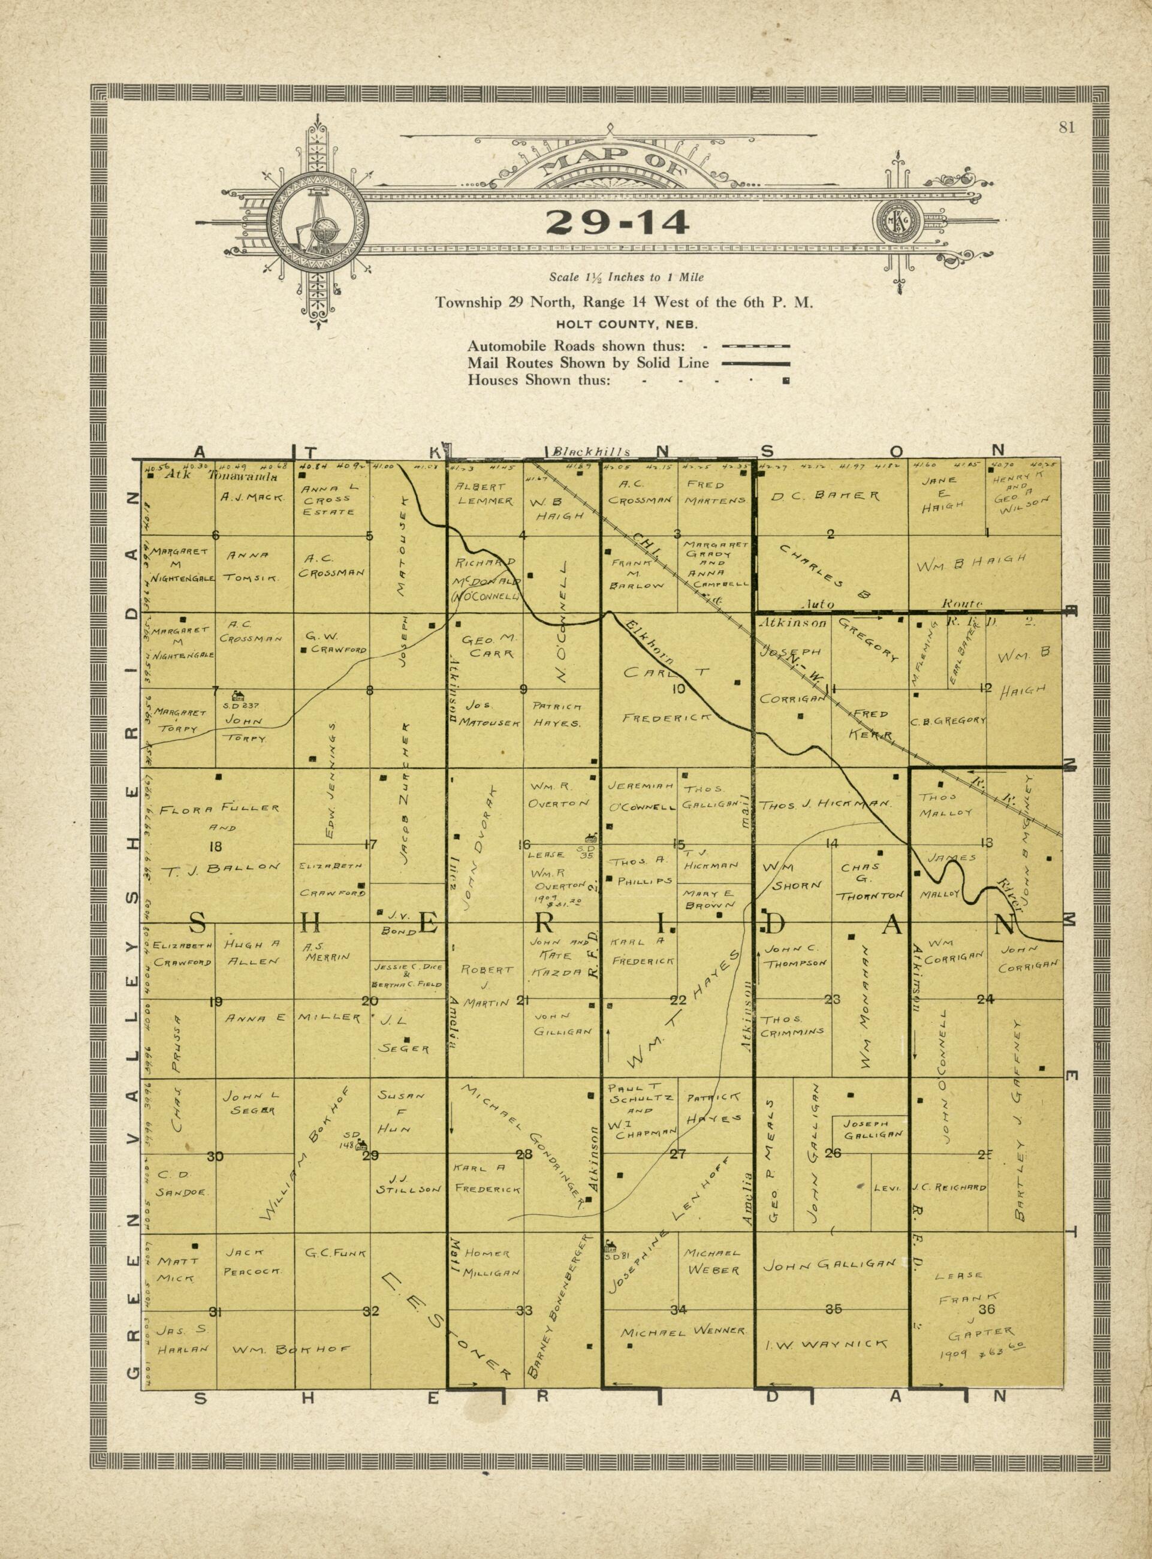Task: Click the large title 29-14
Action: point(617,222)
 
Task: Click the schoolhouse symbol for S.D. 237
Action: point(239,695)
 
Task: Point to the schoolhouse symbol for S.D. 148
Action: point(363,1144)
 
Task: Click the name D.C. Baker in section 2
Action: point(825,496)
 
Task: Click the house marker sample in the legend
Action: point(786,381)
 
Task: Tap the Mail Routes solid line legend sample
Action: point(756,363)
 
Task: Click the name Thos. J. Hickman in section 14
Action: point(825,804)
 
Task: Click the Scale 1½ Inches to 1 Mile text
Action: point(626,278)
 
